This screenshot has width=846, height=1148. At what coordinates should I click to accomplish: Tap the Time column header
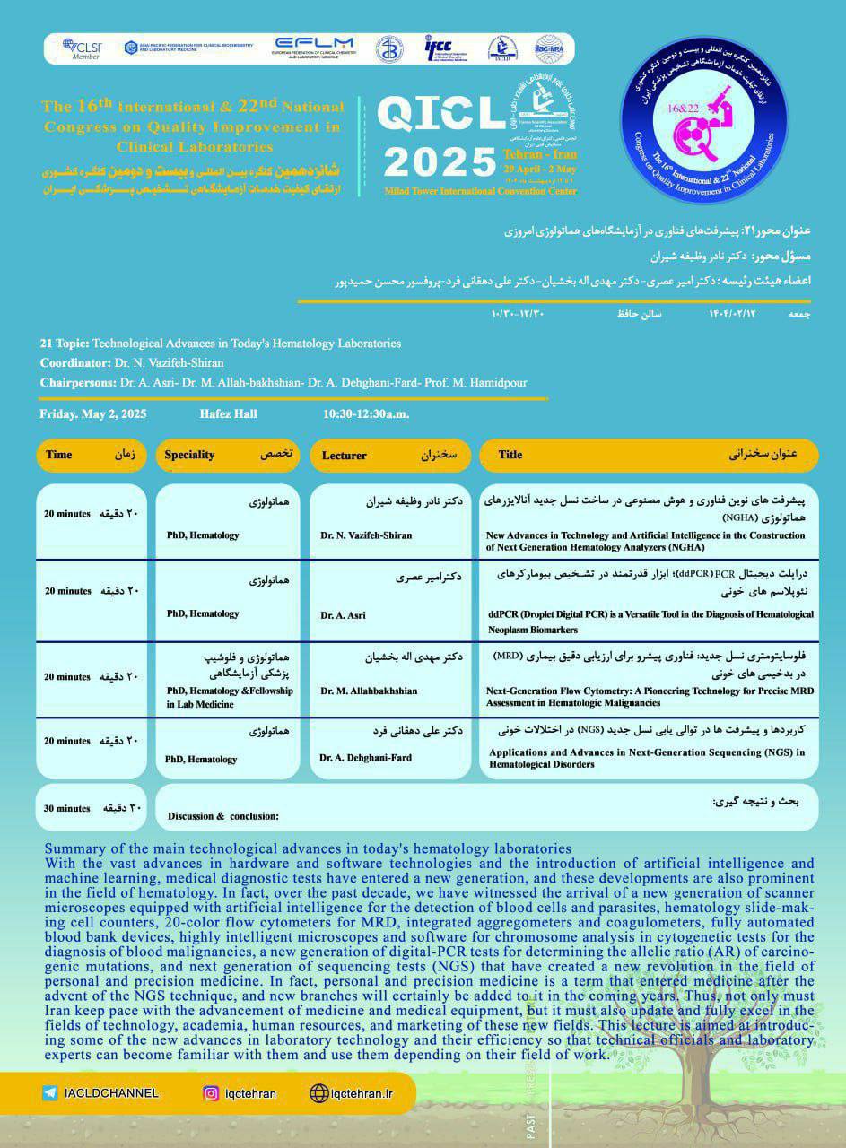(59, 455)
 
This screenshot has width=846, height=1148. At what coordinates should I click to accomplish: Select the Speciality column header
(189, 455)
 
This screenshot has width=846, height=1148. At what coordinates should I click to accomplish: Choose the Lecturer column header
(344, 456)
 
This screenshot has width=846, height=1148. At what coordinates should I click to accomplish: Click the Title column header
(510, 455)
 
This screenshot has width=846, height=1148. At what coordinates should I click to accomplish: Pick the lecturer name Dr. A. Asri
(343, 615)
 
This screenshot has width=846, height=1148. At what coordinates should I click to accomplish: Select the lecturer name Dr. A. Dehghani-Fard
(366, 758)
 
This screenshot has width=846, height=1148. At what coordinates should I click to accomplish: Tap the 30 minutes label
(67, 808)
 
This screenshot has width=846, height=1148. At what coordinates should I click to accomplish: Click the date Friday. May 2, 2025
(93, 414)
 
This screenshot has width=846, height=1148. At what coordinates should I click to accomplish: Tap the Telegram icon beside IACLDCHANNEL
(50, 1093)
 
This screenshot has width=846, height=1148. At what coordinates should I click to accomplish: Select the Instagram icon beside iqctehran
(211, 1093)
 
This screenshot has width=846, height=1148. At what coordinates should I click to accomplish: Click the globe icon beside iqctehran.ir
(318, 1093)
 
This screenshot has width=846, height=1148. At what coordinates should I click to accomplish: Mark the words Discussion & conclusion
(223, 816)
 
